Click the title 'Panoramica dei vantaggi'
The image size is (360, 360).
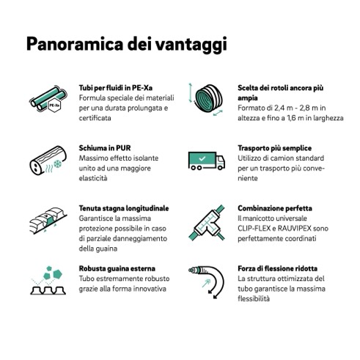point(127,44)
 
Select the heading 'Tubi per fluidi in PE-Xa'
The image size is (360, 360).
point(116,88)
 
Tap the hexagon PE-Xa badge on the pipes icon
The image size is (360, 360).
point(54,106)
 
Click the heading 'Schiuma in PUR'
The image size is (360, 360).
point(105,148)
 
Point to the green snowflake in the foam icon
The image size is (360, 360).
point(58,164)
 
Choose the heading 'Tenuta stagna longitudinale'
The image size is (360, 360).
point(124,208)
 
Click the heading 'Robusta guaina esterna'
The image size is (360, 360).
point(117,268)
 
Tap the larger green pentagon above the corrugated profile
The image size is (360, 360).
point(57,274)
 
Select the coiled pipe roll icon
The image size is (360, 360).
point(208,98)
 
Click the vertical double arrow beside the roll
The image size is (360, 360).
point(191,93)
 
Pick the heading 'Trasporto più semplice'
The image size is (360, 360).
point(275,148)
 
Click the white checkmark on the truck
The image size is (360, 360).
point(202,158)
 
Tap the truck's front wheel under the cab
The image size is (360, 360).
point(220,167)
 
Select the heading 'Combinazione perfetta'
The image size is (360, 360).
point(275,208)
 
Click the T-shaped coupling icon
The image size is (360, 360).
point(207,223)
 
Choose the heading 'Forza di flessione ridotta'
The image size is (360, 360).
point(278,268)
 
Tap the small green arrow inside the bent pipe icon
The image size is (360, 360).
point(206,284)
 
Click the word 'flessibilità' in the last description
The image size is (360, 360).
point(254,298)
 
